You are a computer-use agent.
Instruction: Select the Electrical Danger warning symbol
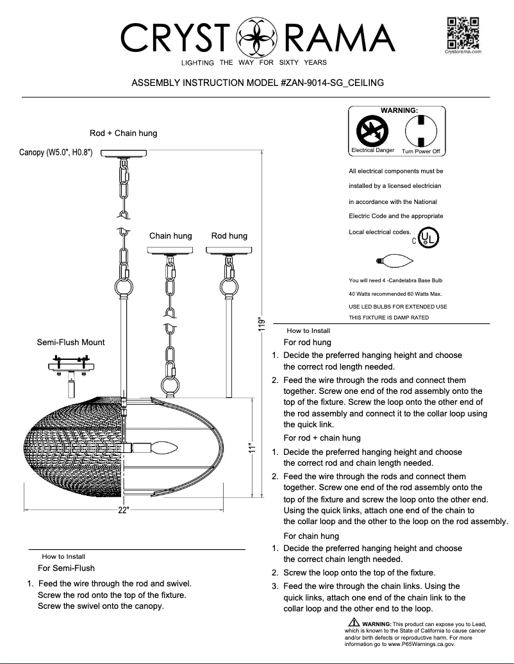[371, 132]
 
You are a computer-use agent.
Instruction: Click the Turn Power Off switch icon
[420, 132]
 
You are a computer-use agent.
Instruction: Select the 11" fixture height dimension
[254, 448]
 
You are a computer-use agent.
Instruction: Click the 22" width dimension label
[124, 510]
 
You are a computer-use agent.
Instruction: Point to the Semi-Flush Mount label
[70, 342]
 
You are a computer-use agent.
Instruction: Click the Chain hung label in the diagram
[170, 236]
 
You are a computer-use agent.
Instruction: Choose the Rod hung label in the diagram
[229, 236]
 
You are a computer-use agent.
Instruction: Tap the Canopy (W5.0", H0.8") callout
[56, 153]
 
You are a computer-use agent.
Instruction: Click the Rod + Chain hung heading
[123, 133]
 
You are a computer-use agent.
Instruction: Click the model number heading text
[257, 83]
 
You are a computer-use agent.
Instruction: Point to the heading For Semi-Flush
[66, 568]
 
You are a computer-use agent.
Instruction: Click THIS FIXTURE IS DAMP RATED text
[388, 318]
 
